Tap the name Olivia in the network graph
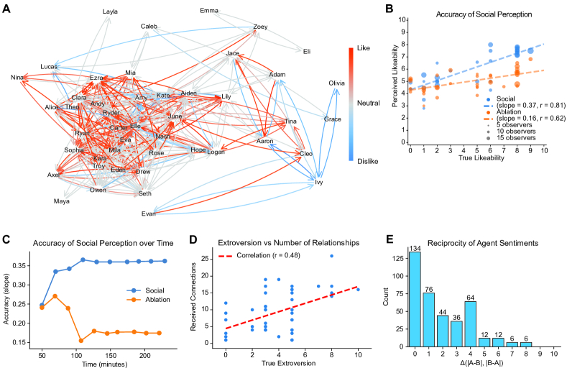[x=336, y=83]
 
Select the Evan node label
[x=149, y=214]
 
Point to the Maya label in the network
[x=63, y=201]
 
